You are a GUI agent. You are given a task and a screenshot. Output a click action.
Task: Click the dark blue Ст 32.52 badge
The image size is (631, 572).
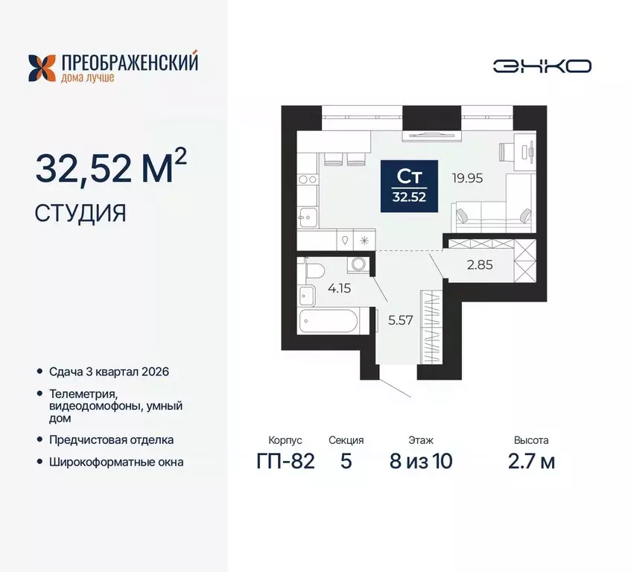coord(409,186)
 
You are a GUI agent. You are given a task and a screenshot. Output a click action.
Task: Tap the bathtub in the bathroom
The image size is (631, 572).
coord(327,324)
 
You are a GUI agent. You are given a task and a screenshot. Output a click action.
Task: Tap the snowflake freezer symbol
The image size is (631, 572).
coord(364,241)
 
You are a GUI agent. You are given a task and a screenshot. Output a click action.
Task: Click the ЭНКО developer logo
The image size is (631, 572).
coord(542,66)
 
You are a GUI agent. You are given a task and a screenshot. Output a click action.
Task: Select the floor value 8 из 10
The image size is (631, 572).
coord(420,461)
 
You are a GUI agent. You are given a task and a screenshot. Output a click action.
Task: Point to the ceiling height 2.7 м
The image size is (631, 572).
coord(530,461)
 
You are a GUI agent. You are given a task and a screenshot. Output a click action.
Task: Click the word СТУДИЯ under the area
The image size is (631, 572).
coord(80,214)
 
